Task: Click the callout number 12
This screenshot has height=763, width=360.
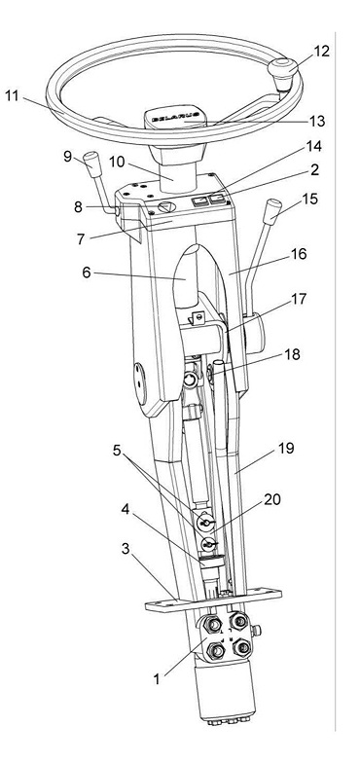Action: (321, 51)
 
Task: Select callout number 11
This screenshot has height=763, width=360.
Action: (12, 95)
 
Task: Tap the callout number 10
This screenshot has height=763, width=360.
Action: (117, 162)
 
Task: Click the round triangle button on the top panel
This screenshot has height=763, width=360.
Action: (166, 207)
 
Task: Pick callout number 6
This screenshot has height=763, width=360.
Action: (87, 272)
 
